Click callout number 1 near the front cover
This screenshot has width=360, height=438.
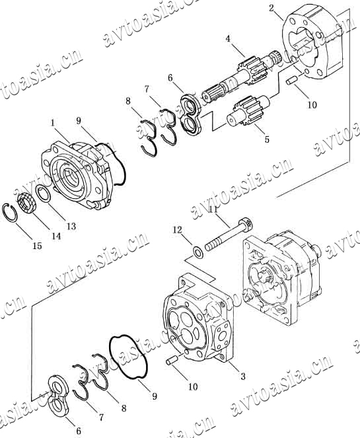53,123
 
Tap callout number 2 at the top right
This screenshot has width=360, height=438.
271,8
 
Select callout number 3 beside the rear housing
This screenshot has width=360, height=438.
243,376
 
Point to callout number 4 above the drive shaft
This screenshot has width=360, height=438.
228,39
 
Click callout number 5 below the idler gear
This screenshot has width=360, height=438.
267,139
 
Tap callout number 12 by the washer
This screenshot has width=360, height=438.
177,230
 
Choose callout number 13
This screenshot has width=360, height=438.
71,226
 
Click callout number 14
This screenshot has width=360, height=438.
56,236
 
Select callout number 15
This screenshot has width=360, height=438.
37,246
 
